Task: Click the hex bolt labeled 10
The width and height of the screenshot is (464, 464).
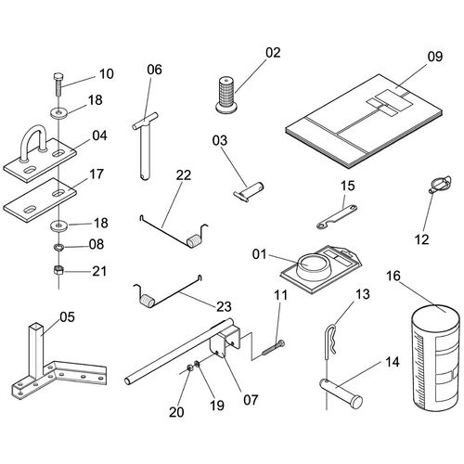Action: coord(58,84)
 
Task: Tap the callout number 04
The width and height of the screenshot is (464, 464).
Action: coord(99,135)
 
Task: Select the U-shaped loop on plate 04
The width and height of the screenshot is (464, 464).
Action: coord(34,141)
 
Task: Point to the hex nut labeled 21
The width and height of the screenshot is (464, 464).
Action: coord(58,270)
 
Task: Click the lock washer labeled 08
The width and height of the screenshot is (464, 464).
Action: coord(58,247)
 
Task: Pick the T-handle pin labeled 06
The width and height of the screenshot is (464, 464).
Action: coord(145,146)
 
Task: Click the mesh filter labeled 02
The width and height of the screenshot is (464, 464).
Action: coord(227,94)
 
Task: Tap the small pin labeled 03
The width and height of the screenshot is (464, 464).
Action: coord(249,192)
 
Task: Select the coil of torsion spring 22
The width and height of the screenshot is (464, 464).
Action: coord(194,240)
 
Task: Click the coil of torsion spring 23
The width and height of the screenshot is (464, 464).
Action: coord(148,300)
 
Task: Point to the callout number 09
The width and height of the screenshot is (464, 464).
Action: coord(435,57)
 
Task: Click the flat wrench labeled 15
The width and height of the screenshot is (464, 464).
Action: coord(337,216)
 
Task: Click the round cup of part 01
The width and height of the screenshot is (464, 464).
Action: coord(313,266)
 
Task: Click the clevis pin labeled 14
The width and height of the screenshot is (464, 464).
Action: coord(341,393)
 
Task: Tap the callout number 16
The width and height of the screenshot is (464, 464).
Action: coord(393,276)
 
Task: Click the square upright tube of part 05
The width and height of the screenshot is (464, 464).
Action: coord(36,350)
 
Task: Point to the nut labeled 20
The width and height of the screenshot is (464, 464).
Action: coord(190,368)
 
